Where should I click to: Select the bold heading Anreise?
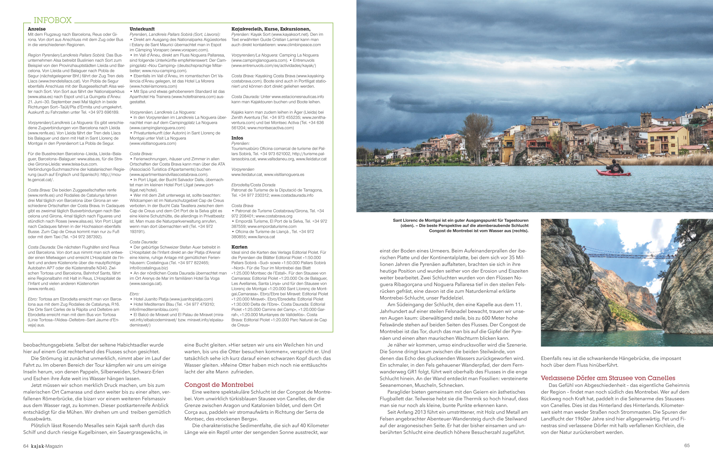[36, 29]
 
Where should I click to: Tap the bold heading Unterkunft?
[142, 29]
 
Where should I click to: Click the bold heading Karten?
[239, 247]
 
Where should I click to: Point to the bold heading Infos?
[237, 138]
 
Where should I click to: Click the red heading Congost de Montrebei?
[219, 385]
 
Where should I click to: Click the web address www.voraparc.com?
[189, 50]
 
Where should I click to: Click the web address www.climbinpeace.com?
[299, 45]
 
